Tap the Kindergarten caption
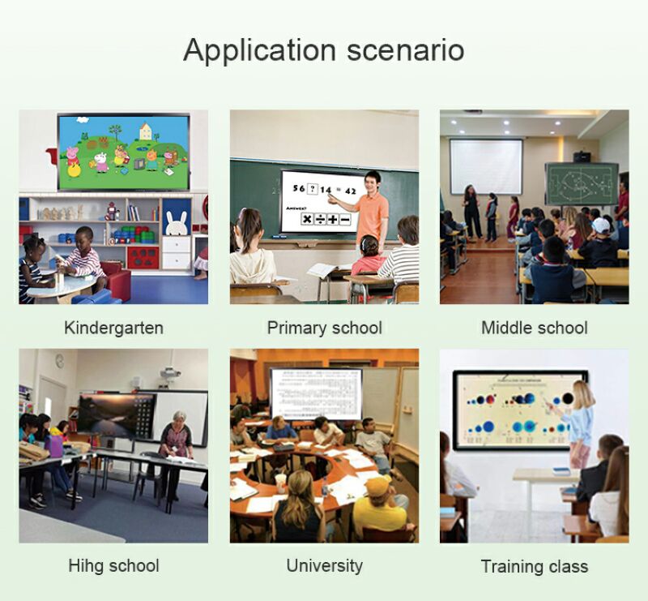click(113, 328)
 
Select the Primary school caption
click(324, 328)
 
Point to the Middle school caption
click(534, 328)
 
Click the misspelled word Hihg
click(87, 565)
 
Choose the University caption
click(324, 565)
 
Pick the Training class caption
click(534, 566)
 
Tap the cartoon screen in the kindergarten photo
click(123, 152)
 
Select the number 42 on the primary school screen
click(349, 190)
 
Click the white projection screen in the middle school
click(486, 166)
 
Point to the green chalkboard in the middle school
click(580, 183)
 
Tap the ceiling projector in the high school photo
click(169, 373)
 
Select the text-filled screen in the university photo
click(315, 393)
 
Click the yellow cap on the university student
click(377, 485)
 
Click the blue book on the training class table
click(561, 470)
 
